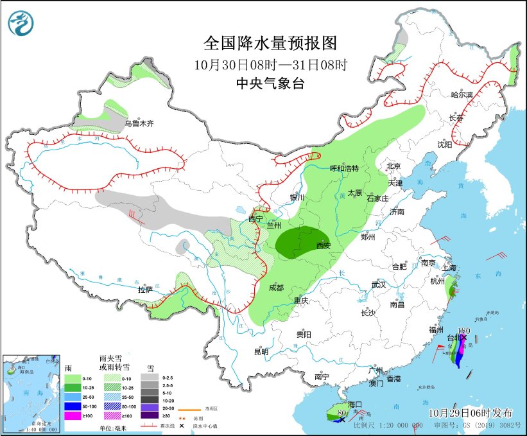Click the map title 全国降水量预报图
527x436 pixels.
270,43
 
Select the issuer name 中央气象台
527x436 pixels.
270,83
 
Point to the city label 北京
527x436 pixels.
393,166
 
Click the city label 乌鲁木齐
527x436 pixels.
139,123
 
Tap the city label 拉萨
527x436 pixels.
145,290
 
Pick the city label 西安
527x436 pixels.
324,245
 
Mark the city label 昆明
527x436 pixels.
261,351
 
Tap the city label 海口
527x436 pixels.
355,405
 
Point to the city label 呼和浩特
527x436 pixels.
343,168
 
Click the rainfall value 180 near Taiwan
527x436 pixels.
465,331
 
